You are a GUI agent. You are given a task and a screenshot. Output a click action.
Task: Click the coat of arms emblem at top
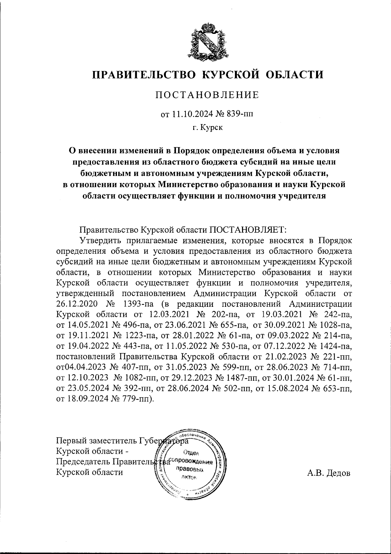click(x=207, y=42)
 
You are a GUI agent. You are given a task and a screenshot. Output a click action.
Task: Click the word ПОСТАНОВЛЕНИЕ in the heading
click(x=207, y=95)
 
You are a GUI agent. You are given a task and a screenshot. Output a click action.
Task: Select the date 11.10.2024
click(x=192, y=114)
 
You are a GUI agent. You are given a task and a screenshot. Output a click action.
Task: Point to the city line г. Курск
click(x=207, y=128)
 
